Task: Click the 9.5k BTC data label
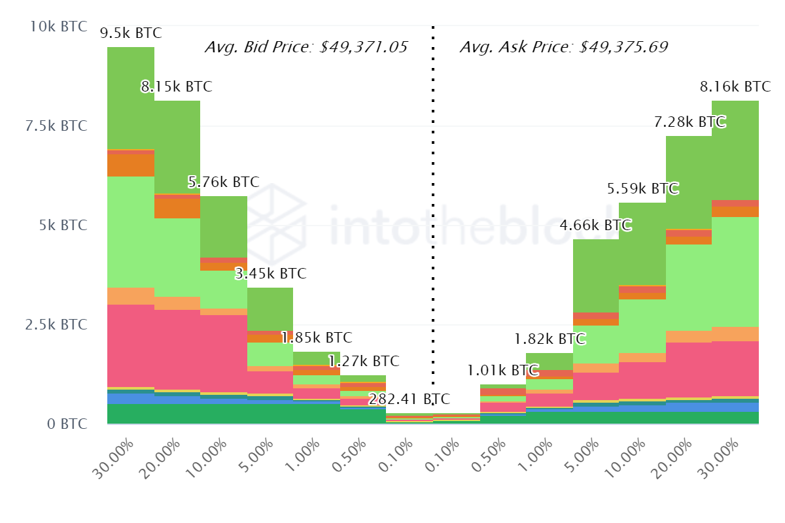(x=130, y=33)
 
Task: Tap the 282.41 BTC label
(x=409, y=399)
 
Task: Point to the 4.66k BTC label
(x=595, y=226)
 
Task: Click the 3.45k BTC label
(x=270, y=274)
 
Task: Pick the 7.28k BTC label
(x=689, y=122)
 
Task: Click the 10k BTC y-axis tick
(x=58, y=27)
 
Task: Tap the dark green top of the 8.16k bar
(x=735, y=150)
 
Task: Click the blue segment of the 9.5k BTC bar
(x=130, y=398)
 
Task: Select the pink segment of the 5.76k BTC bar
(x=224, y=353)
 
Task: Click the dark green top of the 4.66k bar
(x=595, y=275)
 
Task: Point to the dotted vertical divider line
(x=432, y=196)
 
